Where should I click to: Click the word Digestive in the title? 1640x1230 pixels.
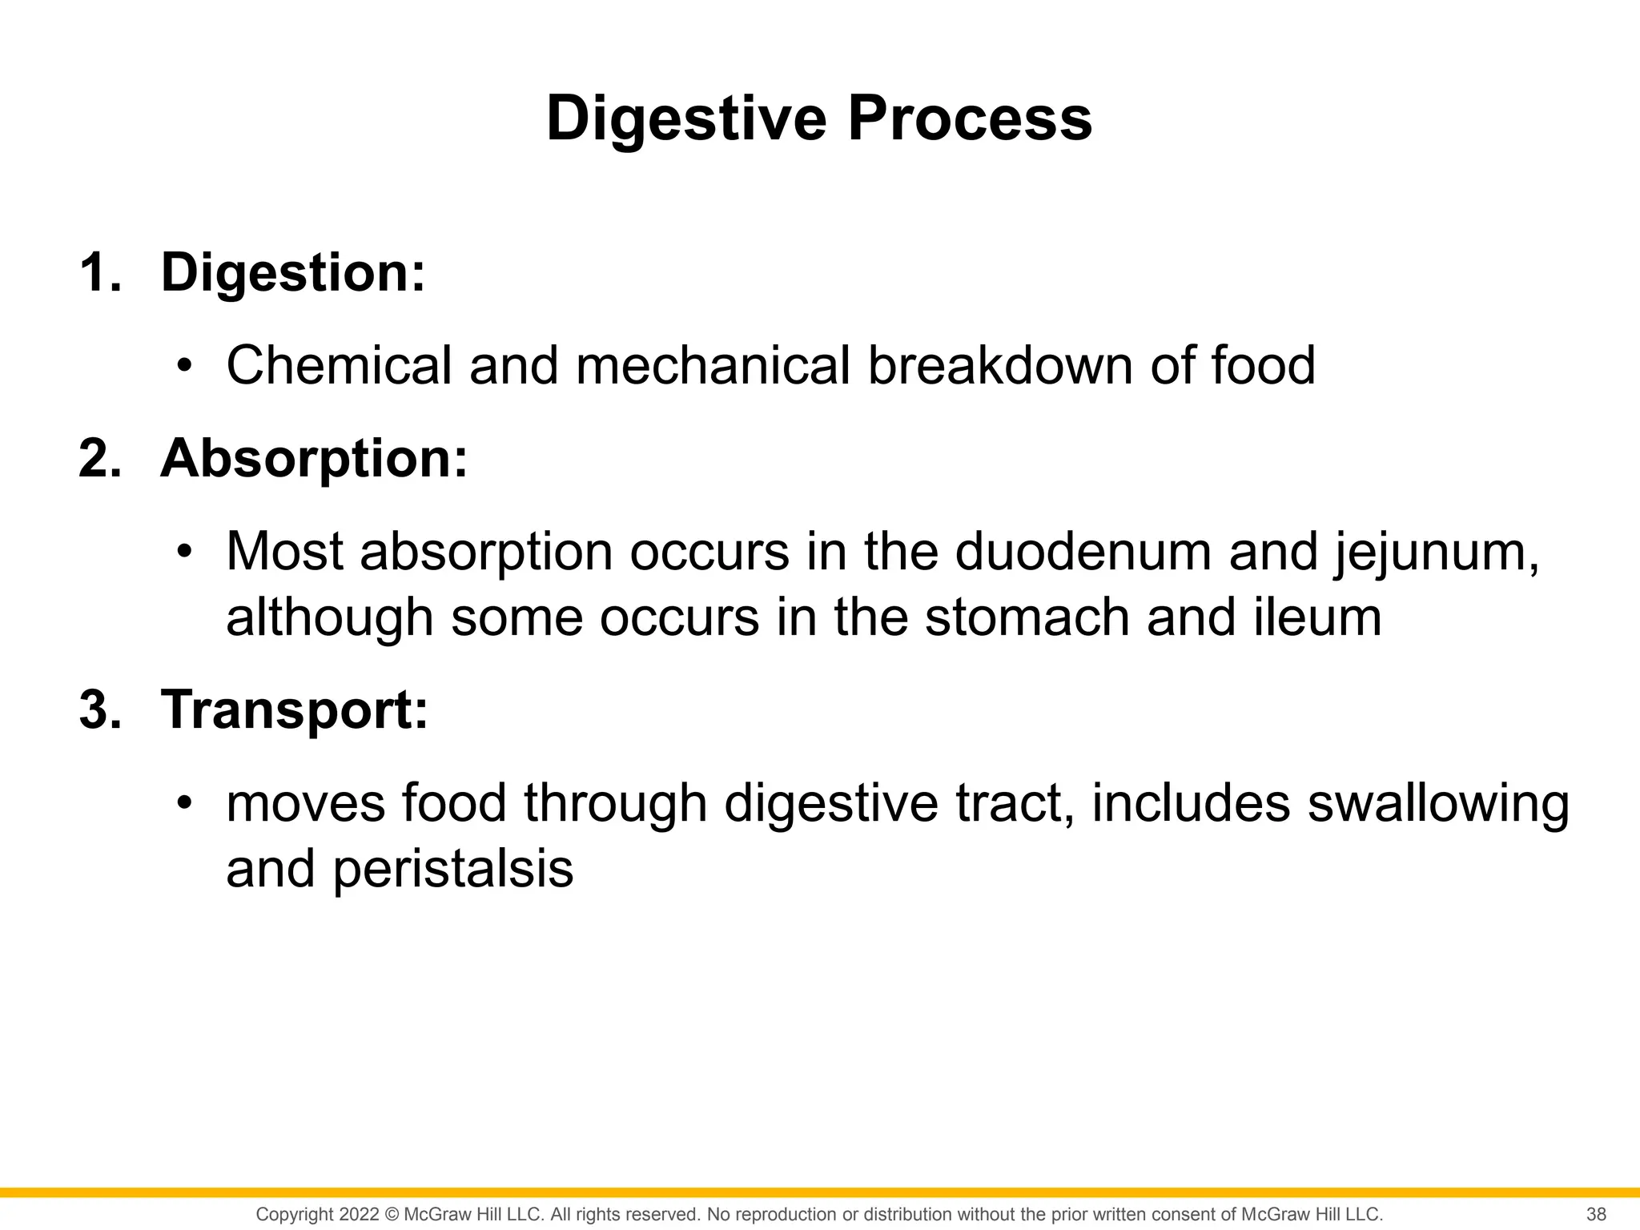(x=687, y=119)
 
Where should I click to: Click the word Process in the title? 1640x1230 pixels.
(x=970, y=119)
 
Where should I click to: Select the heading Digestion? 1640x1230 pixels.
(x=293, y=273)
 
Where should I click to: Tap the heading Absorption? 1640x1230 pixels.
(x=314, y=459)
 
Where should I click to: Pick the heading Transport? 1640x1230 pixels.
(x=295, y=709)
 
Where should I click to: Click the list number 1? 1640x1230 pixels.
(x=100, y=273)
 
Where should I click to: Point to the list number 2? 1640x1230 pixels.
(x=100, y=459)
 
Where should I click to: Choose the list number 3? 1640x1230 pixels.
(x=100, y=709)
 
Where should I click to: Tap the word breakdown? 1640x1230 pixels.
(x=1000, y=365)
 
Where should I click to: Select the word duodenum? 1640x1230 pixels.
(x=1083, y=552)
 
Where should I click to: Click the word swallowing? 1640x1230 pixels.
(x=1438, y=804)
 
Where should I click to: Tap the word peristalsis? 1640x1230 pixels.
(x=452, y=870)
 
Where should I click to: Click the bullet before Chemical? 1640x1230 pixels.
(x=185, y=367)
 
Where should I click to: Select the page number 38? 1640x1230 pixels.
(x=1596, y=1214)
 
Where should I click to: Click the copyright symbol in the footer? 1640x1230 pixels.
(x=392, y=1214)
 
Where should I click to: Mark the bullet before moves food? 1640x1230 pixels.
(x=185, y=804)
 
